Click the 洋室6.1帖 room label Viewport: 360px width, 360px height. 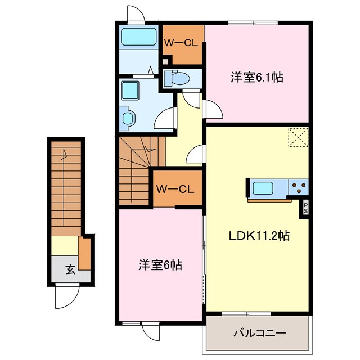(256, 78)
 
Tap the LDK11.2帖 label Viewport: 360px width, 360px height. (259, 236)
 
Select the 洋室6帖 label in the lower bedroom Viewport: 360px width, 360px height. (161, 264)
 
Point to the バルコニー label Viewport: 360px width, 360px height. (260, 333)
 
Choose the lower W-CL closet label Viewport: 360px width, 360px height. (175, 190)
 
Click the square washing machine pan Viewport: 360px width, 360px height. (132, 90)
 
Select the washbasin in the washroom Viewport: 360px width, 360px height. (128, 119)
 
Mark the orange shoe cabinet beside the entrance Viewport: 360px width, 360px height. (85, 254)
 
